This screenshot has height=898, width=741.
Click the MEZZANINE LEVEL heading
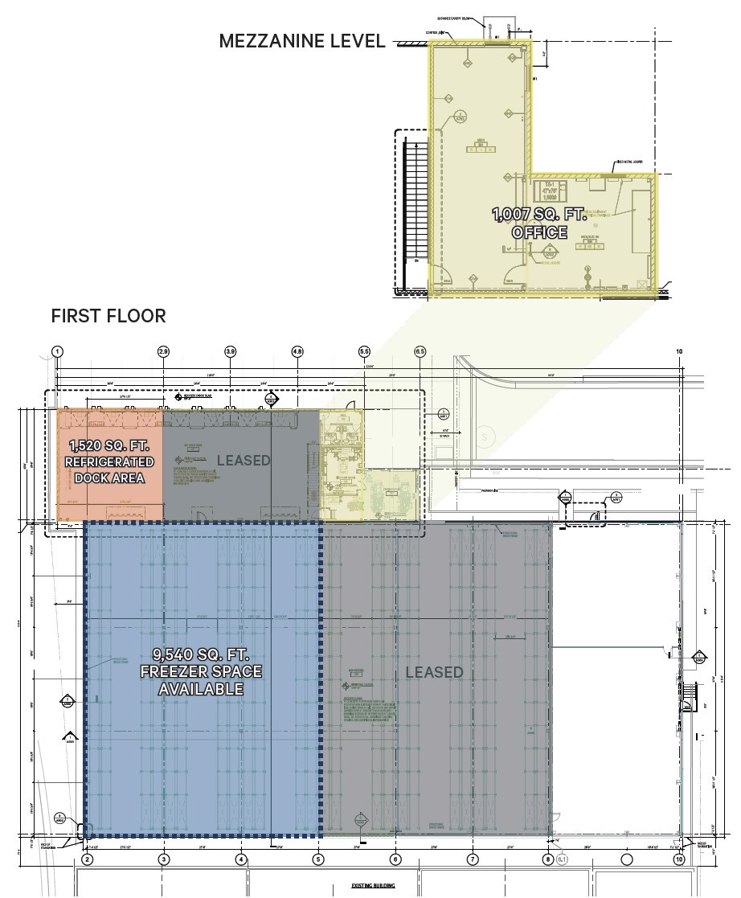coord(302,41)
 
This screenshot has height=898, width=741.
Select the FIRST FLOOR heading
coord(108,316)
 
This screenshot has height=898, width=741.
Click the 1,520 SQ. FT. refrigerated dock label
coord(111,462)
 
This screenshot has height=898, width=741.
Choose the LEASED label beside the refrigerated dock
coord(244,460)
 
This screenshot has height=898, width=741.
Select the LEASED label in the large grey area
coord(434,672)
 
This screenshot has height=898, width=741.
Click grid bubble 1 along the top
coord(57,352)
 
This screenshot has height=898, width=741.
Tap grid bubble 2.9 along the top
coord(164,352)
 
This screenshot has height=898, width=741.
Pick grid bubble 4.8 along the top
coord(297,352)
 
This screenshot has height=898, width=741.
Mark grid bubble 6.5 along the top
coord(420,352)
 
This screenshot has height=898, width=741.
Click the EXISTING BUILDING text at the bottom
coord(373,886)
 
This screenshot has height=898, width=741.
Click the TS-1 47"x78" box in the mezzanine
coord(551,191)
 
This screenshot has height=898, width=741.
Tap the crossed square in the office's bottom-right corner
coord(641,283)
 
